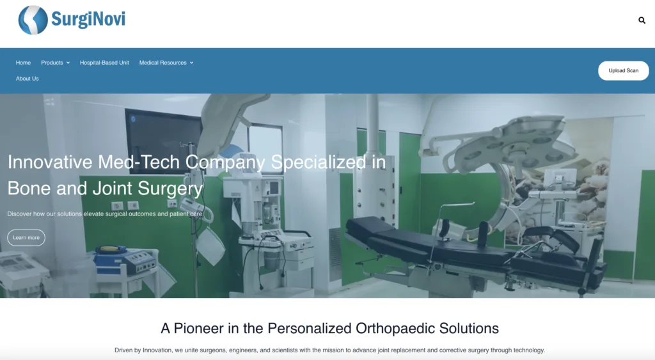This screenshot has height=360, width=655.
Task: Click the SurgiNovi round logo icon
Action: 33,20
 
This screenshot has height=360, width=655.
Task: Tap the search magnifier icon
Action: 642,20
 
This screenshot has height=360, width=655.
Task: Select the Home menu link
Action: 23,63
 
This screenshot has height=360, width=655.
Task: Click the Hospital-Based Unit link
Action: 104,63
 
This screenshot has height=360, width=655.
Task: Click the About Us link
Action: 27,79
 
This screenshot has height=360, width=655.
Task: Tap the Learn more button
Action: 26,238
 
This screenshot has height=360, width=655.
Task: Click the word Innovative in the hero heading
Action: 50,162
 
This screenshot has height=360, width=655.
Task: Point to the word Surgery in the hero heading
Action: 170,189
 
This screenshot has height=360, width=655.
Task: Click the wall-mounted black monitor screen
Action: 164,134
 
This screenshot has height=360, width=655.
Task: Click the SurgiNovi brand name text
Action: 88,19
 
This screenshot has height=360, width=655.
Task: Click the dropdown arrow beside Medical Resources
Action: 192,63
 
